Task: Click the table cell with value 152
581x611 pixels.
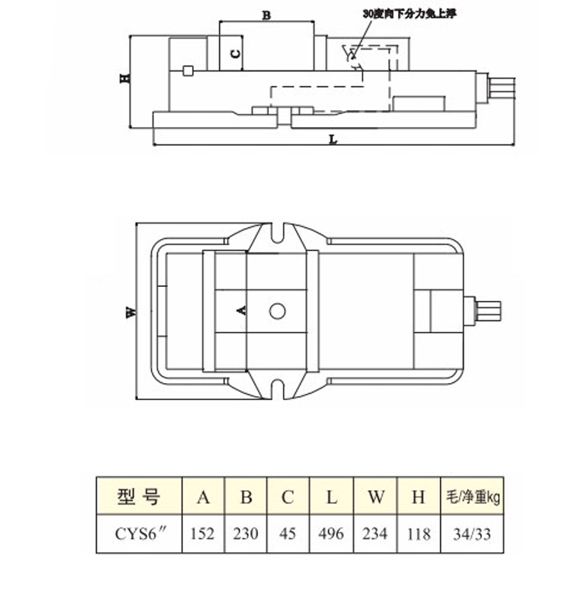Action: (x=203, y=533)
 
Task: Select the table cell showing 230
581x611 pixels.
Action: (x=246, y=533)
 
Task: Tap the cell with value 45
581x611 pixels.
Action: (x=288, y=533)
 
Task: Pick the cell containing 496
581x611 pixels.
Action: (x=332, y=533)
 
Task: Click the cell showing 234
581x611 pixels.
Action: (x=376, y=533)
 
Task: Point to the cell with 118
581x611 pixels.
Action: (x=419, y=533)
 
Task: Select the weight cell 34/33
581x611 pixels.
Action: (x=473, y=533)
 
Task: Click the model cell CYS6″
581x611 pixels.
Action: (x=139, y=533)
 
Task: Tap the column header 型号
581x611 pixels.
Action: (x=139, y=496)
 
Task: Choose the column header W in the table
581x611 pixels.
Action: (x=376, y=496)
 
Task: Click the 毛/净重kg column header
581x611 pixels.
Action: (x=473, y=496)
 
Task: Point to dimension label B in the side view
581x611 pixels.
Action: (x=266, y=16)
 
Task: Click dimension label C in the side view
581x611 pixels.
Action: (x=235, y=54)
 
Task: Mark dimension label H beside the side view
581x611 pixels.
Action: (x=125, y=78)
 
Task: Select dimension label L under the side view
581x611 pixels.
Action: (x=333, y=139)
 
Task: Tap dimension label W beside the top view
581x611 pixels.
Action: (x=132, y=312)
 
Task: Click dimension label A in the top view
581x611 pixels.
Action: (x=242, y=310)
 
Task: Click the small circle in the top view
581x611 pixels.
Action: (x=277, y=311)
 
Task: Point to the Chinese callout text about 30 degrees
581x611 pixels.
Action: (x=409, y=14)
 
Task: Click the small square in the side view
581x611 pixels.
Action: (x=188, y=71)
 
